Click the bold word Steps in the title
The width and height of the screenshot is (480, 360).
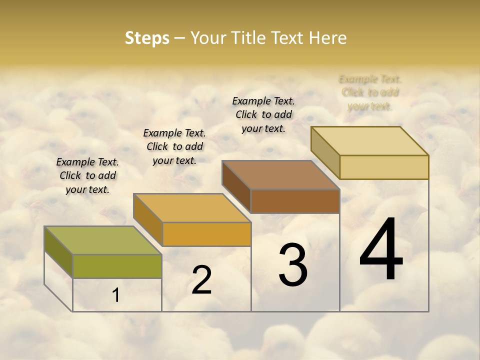click(147, 38)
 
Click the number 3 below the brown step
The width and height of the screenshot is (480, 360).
click(293, 265)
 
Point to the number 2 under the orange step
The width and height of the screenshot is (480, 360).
click(201, 280)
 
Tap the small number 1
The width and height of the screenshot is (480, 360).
click(116, 295)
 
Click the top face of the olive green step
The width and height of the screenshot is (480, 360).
click(103, 240)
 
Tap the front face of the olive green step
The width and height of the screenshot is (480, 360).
click(117, 266)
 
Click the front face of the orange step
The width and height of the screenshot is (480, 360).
click(206, 234)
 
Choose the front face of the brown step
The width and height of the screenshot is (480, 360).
click(295, 201)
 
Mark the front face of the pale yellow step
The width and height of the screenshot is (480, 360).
click(384, 167)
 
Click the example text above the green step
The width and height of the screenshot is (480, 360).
click(87, 175)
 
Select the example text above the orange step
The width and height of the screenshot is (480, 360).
click(174, 146)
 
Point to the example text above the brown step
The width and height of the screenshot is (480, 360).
click(263, 114)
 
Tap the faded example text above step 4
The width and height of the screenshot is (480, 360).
click(370, 92)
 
